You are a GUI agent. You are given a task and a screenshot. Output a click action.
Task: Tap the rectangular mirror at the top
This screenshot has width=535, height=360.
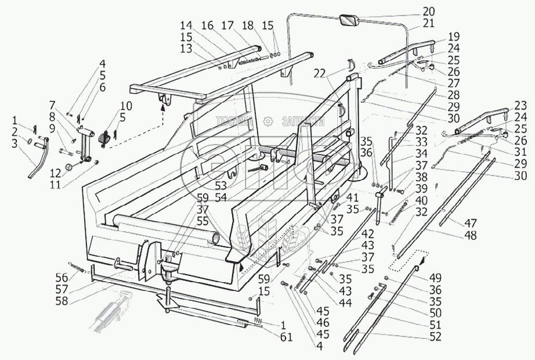(349, 20)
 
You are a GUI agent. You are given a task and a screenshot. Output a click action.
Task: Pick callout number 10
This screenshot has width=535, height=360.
(126, 106)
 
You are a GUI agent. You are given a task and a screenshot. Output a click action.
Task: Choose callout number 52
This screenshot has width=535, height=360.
(435, 336)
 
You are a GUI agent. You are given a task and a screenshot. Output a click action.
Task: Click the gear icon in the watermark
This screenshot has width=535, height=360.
(267, 121)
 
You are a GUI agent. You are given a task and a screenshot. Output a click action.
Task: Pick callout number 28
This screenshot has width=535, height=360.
(453, 95)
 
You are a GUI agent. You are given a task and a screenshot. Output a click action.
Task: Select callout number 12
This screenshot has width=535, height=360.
(56, 173)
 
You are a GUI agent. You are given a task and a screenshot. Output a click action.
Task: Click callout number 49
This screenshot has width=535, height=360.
(435, 277)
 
